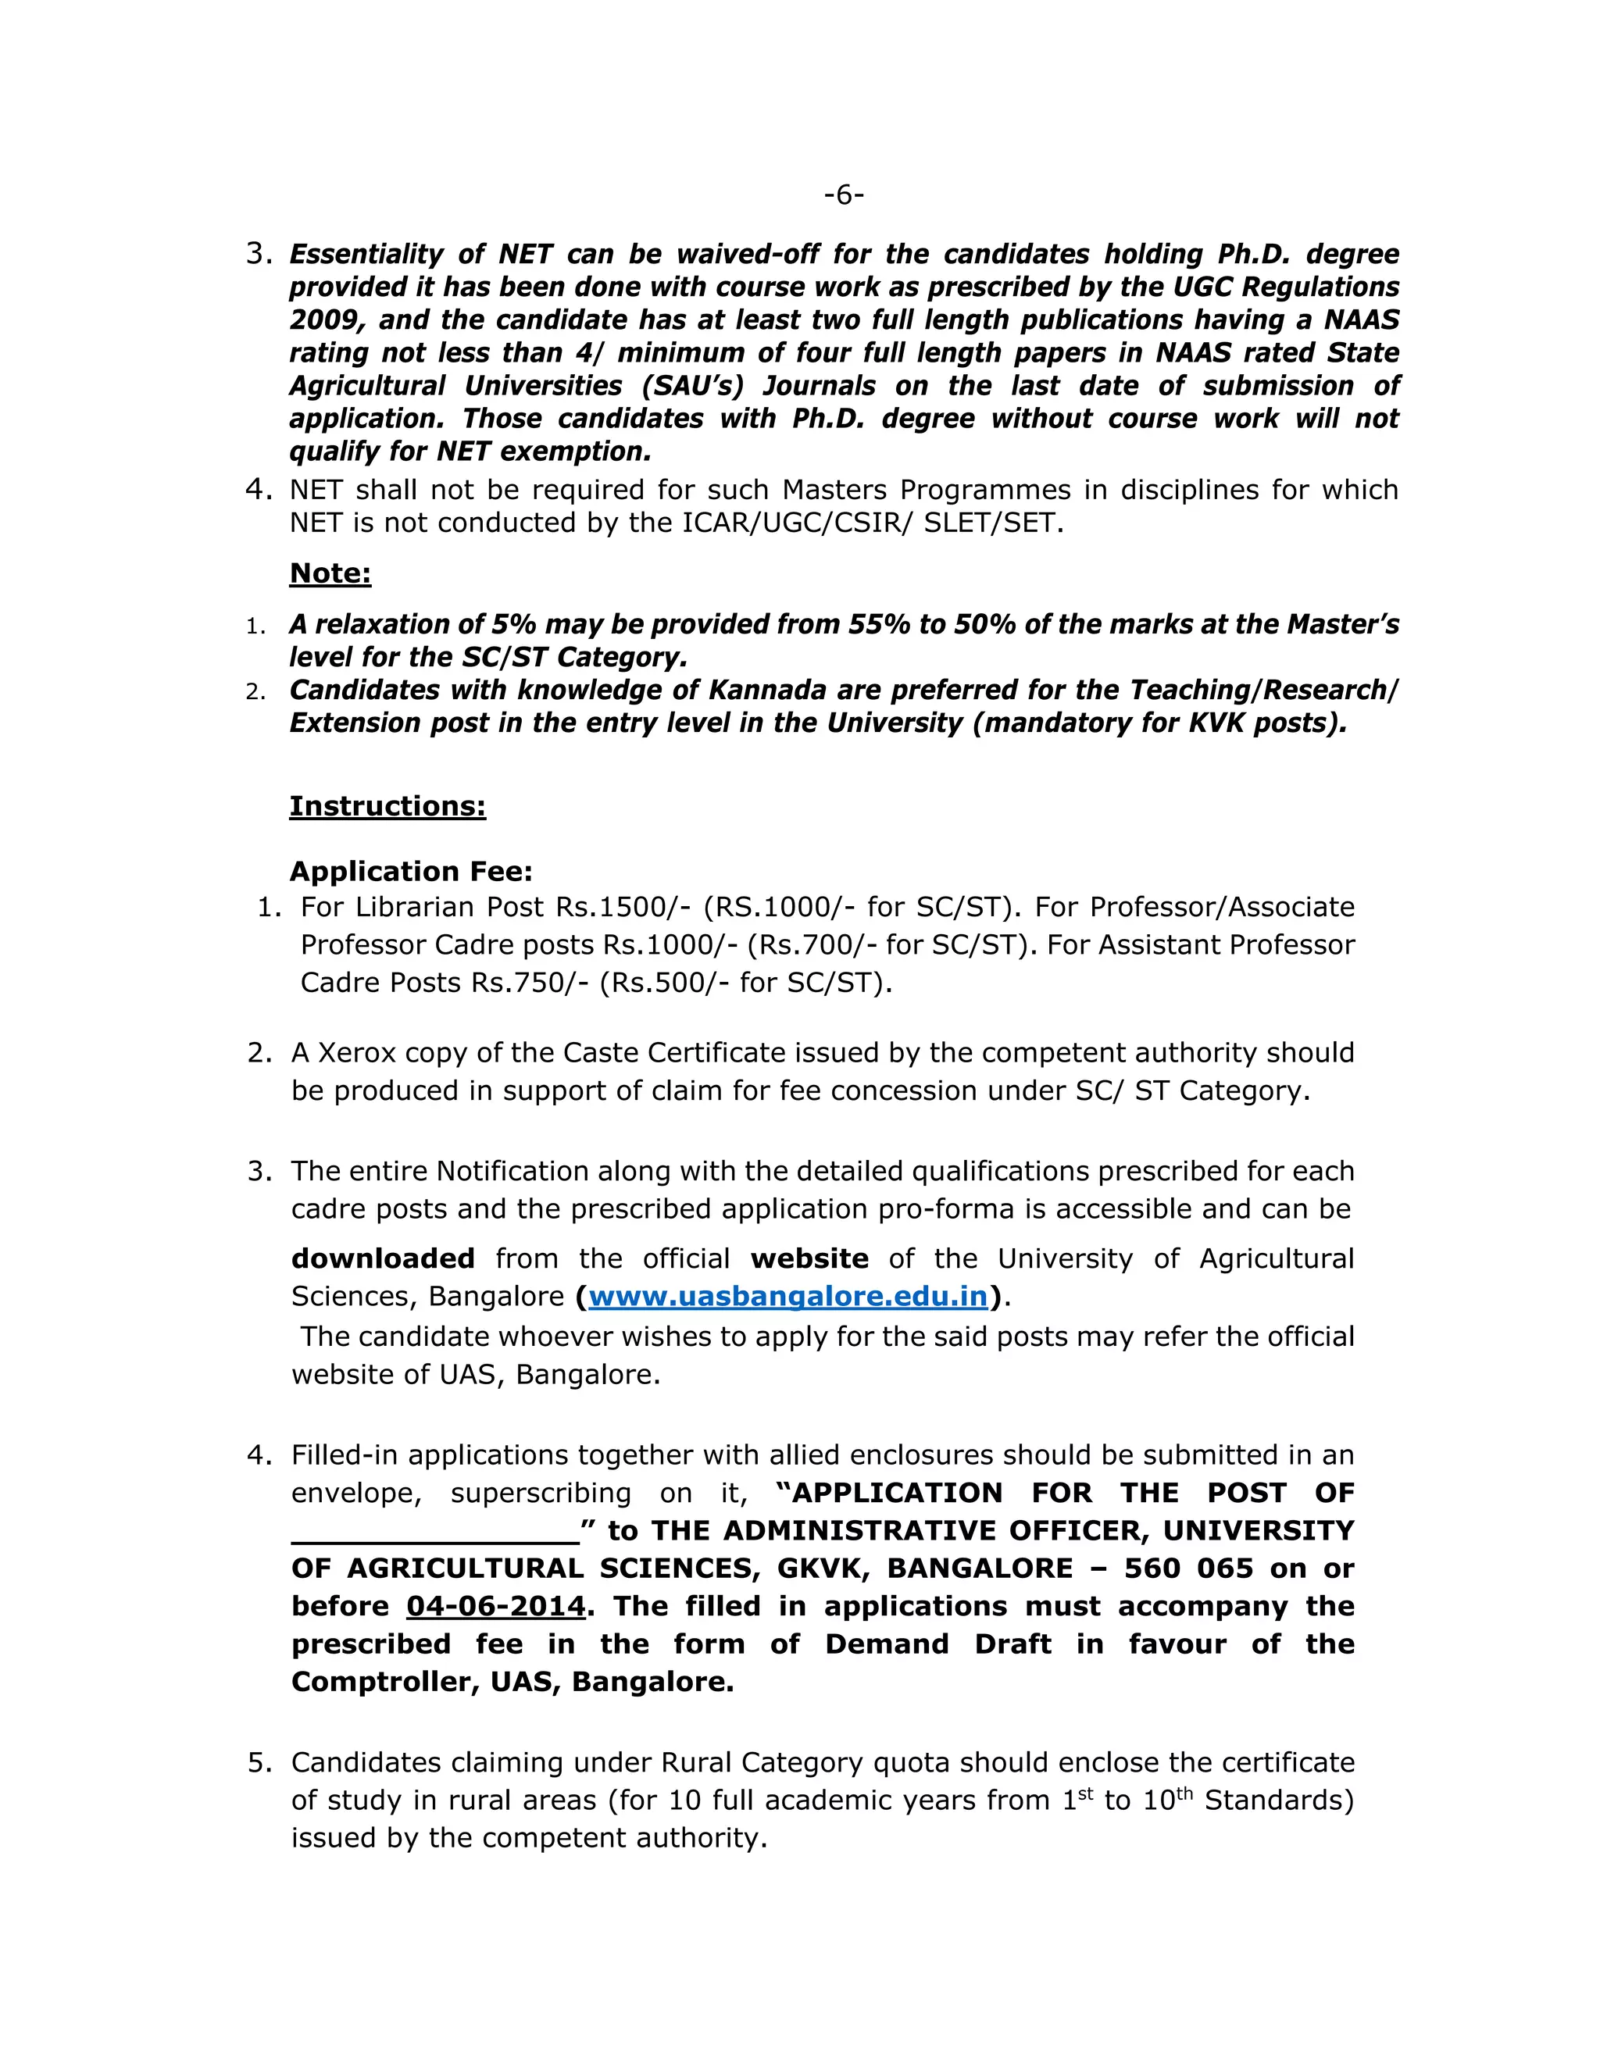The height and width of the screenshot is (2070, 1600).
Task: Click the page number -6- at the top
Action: (844, 195)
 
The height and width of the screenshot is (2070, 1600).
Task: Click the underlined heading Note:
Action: (330, 573)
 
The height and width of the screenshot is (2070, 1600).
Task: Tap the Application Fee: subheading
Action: (410, 871)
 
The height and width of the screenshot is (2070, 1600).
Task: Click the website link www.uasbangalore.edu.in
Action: (787, 1296)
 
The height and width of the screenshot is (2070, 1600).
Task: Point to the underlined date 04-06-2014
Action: (496, 1605)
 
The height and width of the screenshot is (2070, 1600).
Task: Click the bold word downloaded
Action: (383, 1258)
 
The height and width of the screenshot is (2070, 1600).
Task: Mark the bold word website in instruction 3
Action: (809, 1258)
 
